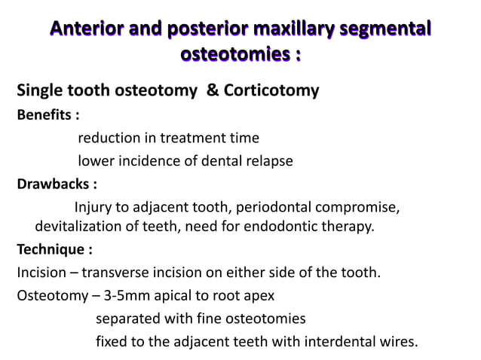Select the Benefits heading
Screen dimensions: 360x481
[47, 116]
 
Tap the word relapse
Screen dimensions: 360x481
[268, 160]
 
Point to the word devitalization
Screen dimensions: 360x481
[81, 226]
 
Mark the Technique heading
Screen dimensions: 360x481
[54, 249]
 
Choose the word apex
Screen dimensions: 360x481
[259, 294]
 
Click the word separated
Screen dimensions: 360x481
[127, 318]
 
